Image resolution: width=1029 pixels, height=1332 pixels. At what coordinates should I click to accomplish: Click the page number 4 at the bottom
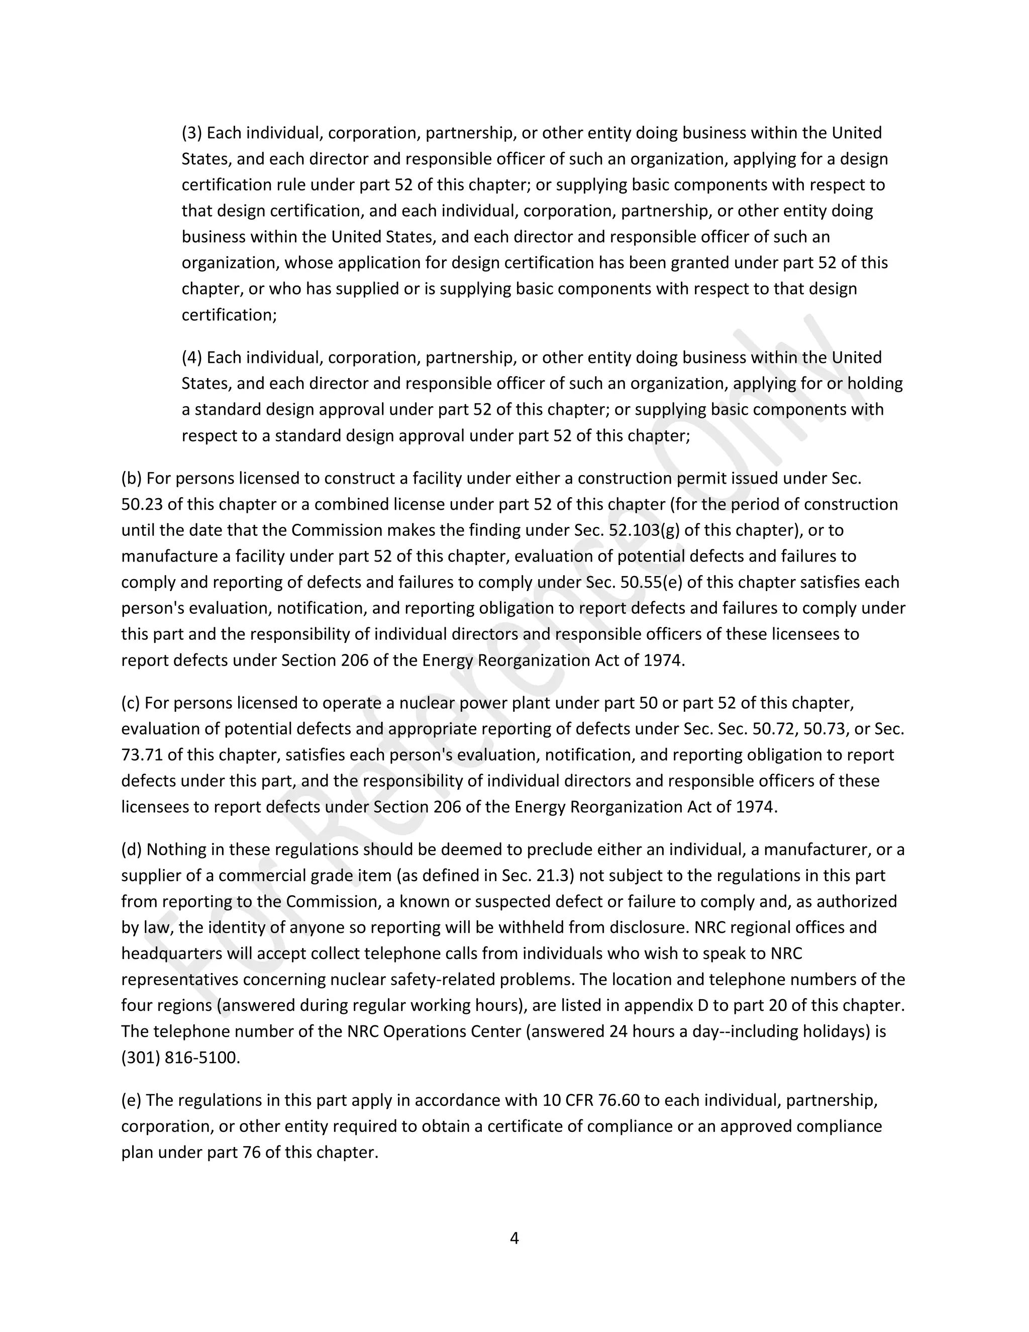coord(514,1238)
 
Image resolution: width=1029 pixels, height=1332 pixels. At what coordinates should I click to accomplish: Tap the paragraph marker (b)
coord(131,478)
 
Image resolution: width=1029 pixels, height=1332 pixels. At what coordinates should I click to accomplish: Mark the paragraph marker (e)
coord(131,1100)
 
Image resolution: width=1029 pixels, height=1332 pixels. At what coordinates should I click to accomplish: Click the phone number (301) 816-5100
coord(180,1058)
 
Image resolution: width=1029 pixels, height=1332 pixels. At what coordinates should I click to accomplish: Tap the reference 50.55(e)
coord(652,583)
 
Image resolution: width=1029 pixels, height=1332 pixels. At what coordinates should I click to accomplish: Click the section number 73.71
coord(142,755)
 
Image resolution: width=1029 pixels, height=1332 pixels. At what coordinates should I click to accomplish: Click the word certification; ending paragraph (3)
coord(229,315)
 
